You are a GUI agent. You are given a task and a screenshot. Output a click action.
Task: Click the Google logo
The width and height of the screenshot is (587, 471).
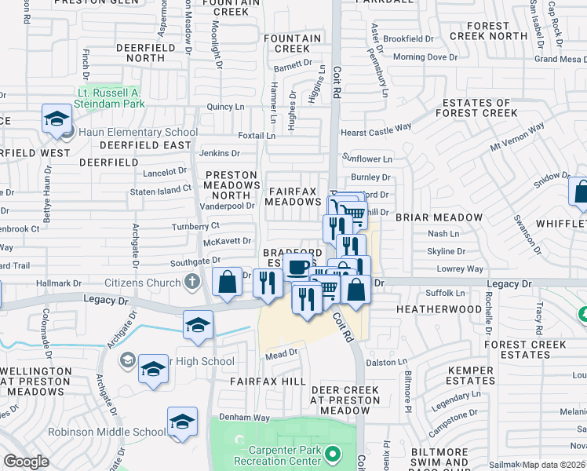(27, 462)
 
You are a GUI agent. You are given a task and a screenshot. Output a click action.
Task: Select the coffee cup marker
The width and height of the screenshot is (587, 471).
(297, 267)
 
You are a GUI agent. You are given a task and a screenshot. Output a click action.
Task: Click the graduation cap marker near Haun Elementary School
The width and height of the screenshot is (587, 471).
(57, 119)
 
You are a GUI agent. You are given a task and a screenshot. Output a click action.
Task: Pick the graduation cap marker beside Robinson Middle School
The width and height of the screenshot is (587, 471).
(182, 422)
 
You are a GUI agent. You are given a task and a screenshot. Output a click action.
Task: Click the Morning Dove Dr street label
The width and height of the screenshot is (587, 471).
(425, 57)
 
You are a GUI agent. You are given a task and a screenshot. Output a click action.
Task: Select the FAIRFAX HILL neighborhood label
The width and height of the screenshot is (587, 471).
(268, 381)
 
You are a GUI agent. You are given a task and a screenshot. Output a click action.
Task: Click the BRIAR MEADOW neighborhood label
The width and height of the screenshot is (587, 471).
(439, 217)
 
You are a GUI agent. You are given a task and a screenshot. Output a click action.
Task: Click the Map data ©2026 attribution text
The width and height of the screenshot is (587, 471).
(554, 465)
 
